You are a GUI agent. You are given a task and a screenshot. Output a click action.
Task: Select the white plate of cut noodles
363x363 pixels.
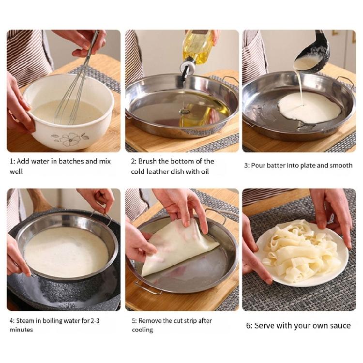click(302, 255)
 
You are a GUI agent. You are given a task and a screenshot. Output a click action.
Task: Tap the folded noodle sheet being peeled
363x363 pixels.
click(178, 248)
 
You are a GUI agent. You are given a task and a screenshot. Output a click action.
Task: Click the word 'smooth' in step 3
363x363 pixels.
click(341, 166)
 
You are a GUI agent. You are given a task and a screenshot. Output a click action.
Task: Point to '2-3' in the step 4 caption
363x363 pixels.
click(95, 321)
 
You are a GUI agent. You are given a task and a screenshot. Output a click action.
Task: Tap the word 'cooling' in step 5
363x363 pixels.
click(143, 330)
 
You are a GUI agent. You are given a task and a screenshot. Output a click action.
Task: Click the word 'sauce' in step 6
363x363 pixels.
click(340, 326)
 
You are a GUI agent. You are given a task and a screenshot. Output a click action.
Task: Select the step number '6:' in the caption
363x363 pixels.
click(249, 326)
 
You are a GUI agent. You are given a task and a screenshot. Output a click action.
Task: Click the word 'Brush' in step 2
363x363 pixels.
click(147, 161)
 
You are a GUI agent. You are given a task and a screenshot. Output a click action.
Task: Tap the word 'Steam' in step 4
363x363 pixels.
click(25, 321)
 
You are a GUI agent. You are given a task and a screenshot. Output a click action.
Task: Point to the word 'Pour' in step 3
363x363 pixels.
click(257, 166)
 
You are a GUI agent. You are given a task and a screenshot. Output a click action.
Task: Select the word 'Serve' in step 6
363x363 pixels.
click(264, 326)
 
